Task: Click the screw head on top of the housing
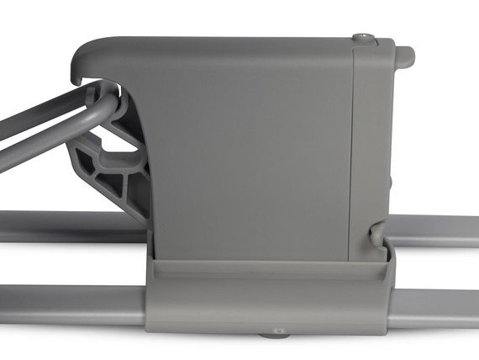coord(363,37)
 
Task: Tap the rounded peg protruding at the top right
coord(406,56)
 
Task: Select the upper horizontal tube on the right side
coord(437,230)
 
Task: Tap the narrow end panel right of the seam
coord(370,143)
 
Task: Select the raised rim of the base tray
coord(269,267)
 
